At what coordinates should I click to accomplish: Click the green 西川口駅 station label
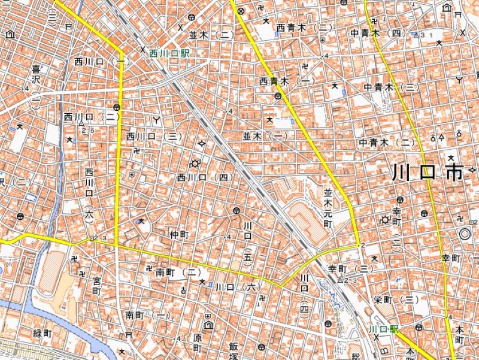point(169,54)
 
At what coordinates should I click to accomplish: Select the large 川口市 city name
point(428,173)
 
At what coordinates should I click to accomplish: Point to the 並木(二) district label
point(211,35)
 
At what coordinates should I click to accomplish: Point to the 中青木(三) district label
point(390,87)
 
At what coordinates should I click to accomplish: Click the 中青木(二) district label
point(387,143)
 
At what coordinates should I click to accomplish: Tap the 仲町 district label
point(179,234)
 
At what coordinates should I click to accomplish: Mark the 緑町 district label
point(43,333)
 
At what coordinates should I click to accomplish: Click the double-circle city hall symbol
point(464,233)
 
